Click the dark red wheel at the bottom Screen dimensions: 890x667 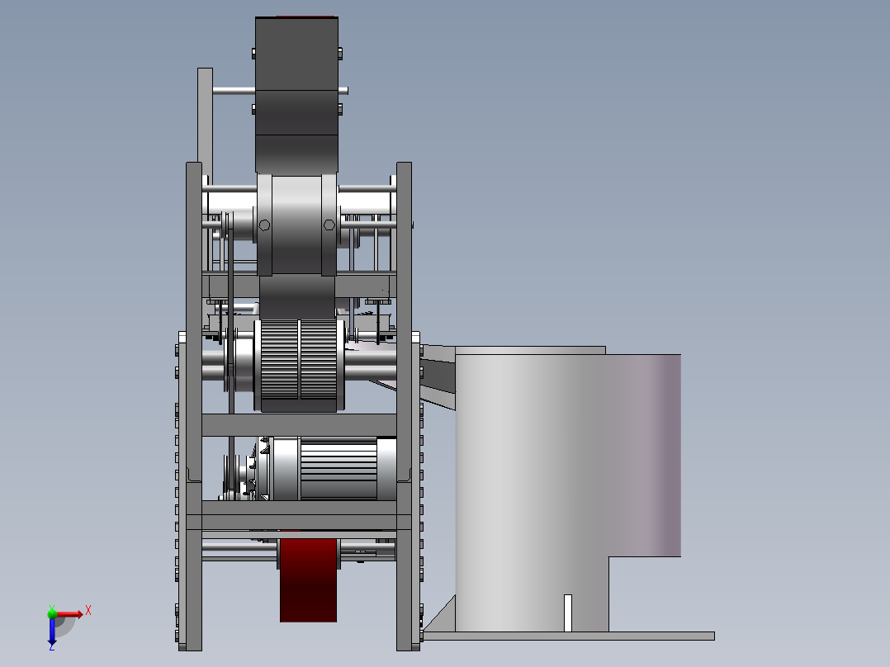(308, 579)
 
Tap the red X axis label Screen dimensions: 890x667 (88, 611)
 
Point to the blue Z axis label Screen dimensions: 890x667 (52, 646)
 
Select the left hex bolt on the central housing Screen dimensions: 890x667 (264, 225)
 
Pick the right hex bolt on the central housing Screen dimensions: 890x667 (329, 225)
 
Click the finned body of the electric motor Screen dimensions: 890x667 (338, 468)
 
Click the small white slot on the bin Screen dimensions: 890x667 (568, 613)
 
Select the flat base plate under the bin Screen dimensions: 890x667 (568, 636)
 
